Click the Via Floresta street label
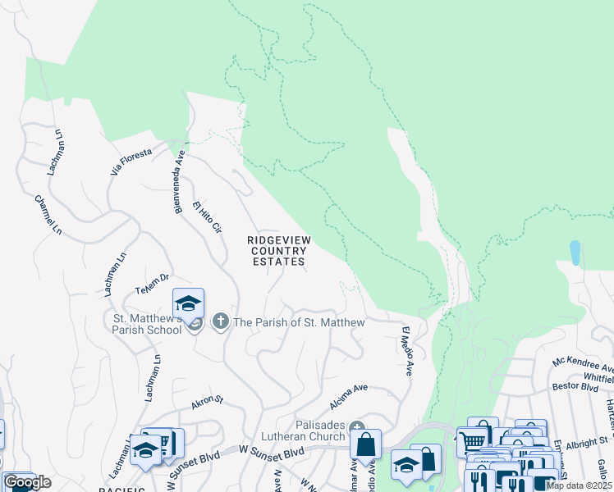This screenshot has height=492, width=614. pyautogui.click(x=131, y=162)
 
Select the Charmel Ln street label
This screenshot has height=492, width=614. pyautogui.click(x=48, y=213)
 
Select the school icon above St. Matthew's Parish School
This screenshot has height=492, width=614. pyautogui.click(x=188, y=303)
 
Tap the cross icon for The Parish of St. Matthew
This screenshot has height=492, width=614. pyautogui.click(x=220, y=322)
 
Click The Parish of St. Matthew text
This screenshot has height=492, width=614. pyautogui.click(x=299, y=323)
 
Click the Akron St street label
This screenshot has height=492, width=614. pyautogui.click(x=207, y=400)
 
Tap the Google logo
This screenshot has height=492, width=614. pyautogui.click(x=28, y=482)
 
